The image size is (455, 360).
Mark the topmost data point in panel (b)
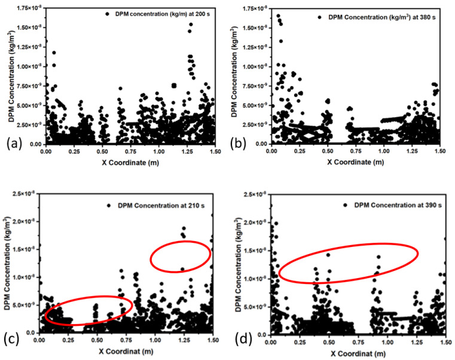278,16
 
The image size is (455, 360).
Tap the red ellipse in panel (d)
349,263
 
